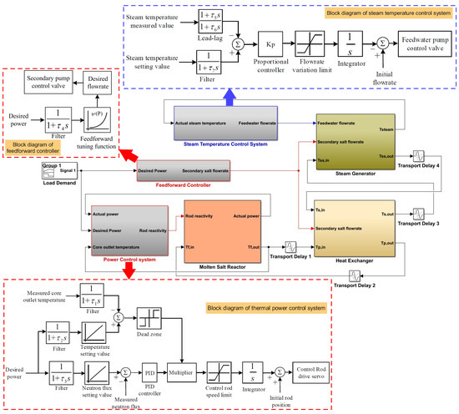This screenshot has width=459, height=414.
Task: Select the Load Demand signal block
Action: pos(53,172)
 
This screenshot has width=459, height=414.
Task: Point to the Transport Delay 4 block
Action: pos(419,156)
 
